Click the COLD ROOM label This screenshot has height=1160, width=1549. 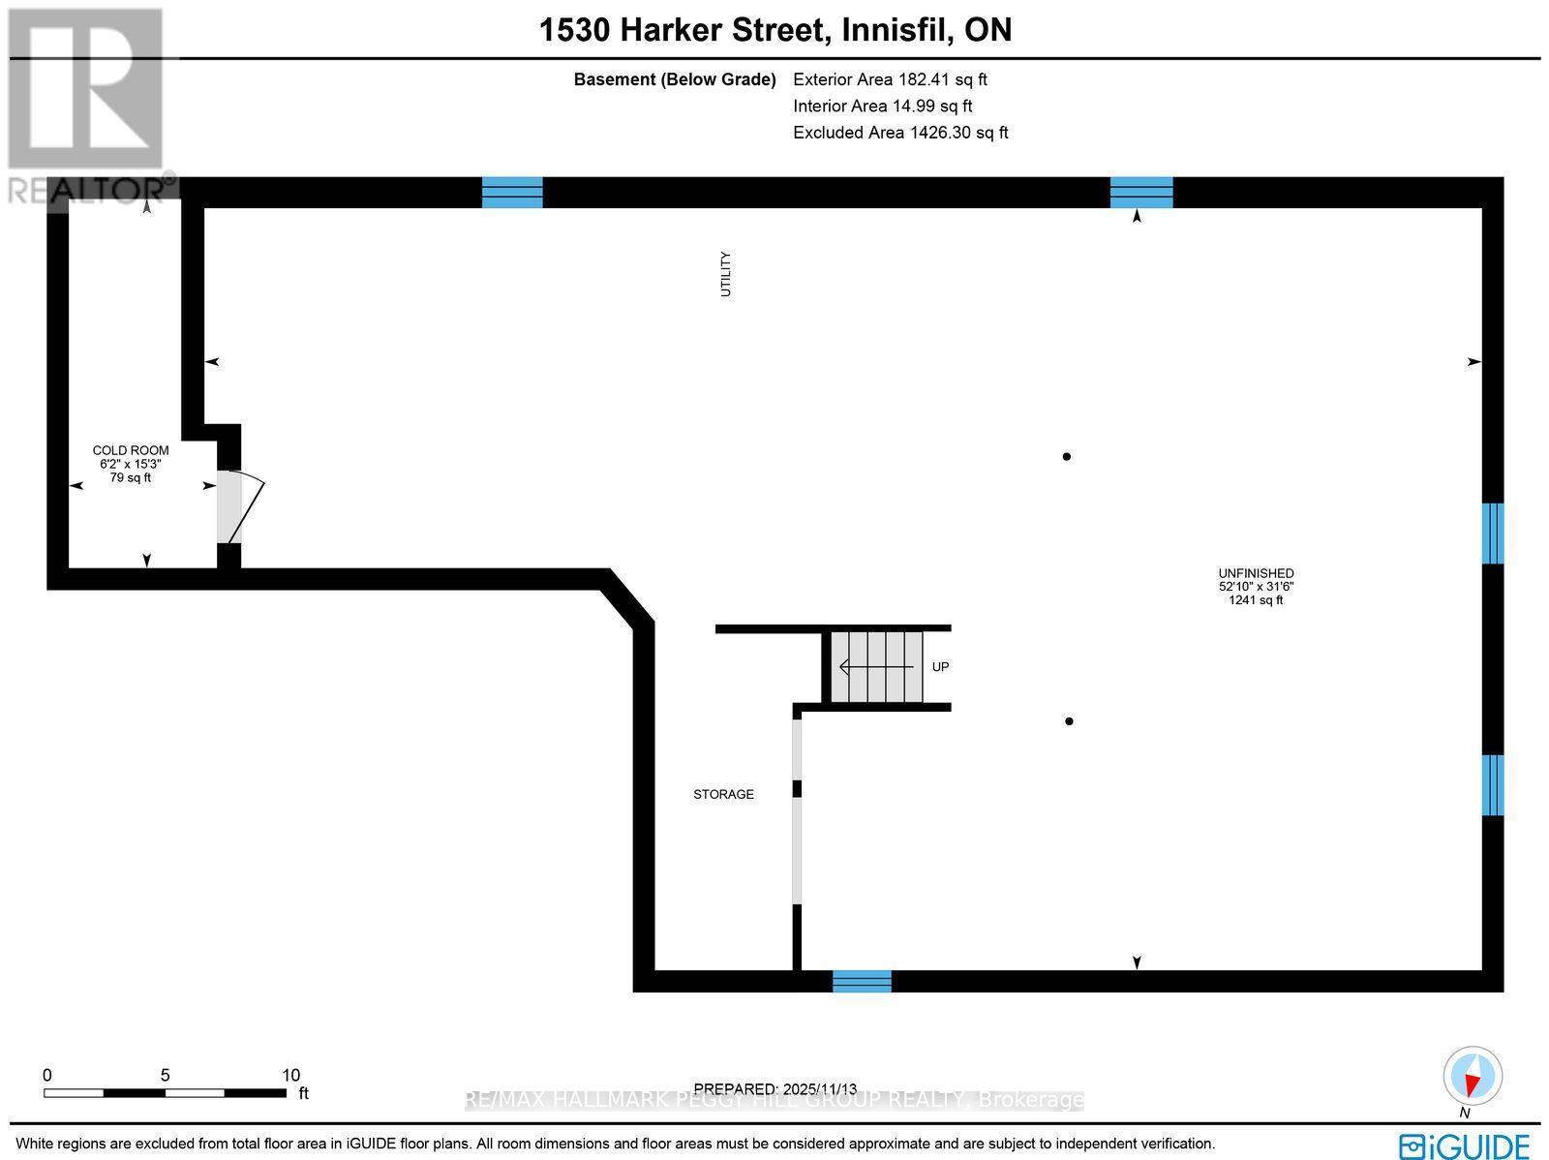(x=131, y=450)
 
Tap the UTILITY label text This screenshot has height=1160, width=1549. (x=725, y=274)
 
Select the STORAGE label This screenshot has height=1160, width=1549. (x=723, y=795)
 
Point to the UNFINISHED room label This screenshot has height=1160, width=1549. (x=1256, y=573)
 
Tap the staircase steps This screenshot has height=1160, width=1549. (x=876, y=667)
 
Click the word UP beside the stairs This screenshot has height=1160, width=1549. (x=941, y=667)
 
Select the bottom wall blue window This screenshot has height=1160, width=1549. (x=862, y=982)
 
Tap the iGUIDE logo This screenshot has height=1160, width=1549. (x=1464, y=1145)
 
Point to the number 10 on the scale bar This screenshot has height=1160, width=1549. (x=290, y=1076)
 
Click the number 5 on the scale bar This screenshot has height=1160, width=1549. (x=166, y=1076)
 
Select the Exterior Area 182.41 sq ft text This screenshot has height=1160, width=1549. (x=890, y=79)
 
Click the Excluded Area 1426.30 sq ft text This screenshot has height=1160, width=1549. (x=900, y=133)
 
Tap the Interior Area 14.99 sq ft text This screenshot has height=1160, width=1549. (x=882, y=106)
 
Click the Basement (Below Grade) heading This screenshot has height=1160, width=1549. (x=675, y=79)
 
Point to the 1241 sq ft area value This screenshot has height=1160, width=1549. (x=1256, y=600)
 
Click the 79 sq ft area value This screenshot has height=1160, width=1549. (x=131, y=477)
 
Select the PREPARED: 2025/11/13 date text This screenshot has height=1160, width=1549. (x=774, y=1088)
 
